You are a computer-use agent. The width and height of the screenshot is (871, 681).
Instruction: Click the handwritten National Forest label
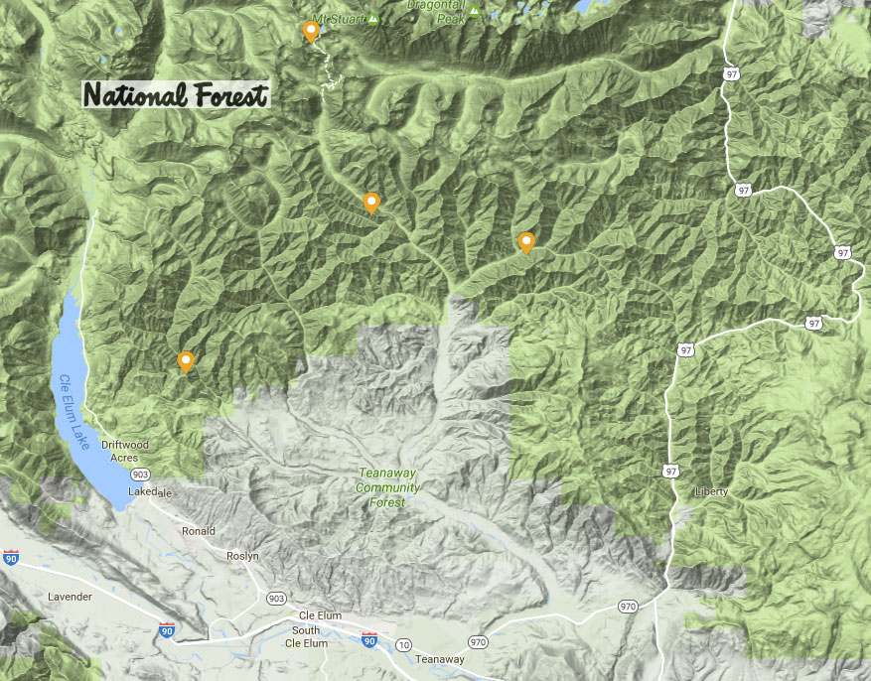pos(176,95)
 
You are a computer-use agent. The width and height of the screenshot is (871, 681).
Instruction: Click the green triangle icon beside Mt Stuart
pos(373,19)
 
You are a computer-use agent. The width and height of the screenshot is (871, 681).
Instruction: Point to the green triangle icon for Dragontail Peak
pos(475,12)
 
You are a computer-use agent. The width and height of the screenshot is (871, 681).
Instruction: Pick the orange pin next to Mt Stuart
pos(311,32)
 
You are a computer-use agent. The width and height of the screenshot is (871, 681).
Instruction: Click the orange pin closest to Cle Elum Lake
pos(185,361)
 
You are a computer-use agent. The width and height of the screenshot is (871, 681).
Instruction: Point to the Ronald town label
pos(199,531)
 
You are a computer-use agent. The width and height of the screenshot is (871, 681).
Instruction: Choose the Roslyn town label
pos(242,557)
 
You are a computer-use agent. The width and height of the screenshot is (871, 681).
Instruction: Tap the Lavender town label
pos(70,597)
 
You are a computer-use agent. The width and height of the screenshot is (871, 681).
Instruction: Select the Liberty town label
pos(711,491)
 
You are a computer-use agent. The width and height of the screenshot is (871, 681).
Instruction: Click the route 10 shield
pos(403,645)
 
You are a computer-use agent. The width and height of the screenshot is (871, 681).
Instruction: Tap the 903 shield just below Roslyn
pos(275,597)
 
